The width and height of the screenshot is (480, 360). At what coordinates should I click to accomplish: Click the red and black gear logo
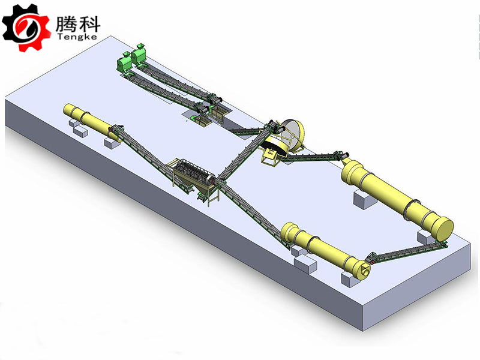pyautogui.click(x=26, y=28)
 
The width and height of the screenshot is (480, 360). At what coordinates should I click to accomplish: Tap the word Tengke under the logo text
pyautogui.click(x=77, y=37)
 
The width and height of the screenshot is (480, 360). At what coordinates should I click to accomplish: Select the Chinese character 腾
pyautogui.click(x=65, y=24)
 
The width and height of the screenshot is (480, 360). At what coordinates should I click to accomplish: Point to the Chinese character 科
pyautogui.click(x=89, y=24)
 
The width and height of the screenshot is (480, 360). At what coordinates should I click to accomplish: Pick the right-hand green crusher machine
pyautogui.click(x=139, y=54)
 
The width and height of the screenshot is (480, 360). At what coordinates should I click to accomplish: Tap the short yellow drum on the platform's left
pyautogui.click(x=92, y=122)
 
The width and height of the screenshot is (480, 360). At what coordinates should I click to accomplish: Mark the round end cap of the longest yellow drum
pyautogui.click(x=442, y=229)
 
